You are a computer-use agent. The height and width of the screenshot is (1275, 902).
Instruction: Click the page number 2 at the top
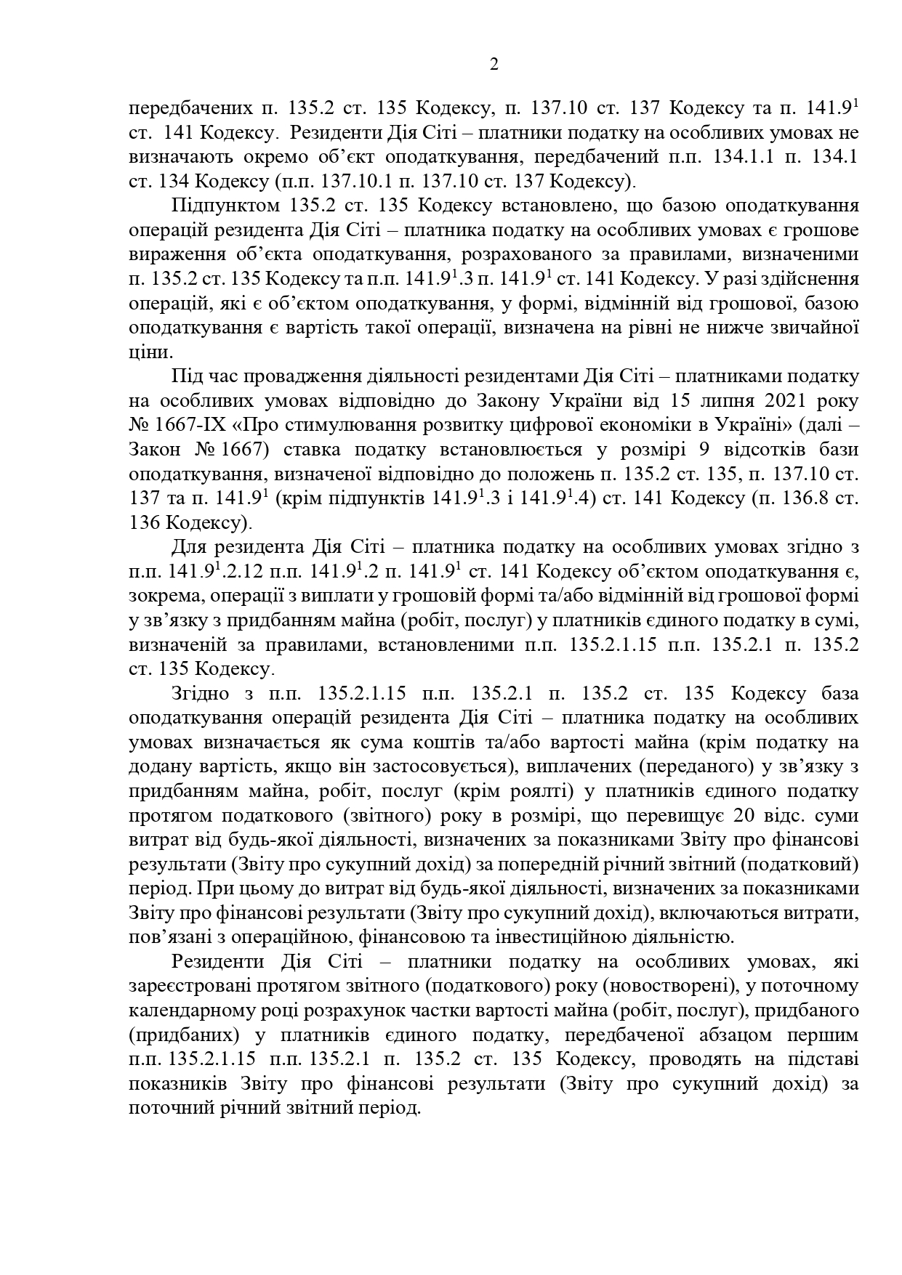(494, 65)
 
